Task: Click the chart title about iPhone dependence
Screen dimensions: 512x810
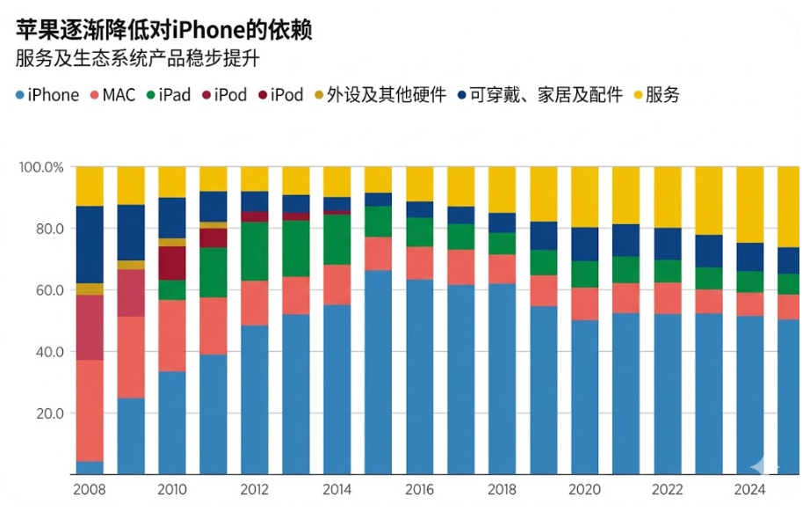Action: (164, 31)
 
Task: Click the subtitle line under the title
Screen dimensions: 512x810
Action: (138, 61)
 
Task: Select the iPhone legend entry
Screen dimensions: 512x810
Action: (48, 95)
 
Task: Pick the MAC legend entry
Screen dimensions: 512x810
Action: (112, 95)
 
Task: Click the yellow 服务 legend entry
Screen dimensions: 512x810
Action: (656, 95)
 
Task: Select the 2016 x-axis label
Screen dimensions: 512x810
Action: (420, 490)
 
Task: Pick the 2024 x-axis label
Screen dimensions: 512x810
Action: (749, 490)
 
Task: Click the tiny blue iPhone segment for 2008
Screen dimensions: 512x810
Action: (90, 468)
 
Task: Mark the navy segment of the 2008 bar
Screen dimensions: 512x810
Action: (90, 245)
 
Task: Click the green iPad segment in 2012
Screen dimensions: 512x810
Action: (254, 251)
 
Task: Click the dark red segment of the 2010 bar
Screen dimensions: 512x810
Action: (172, 262)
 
